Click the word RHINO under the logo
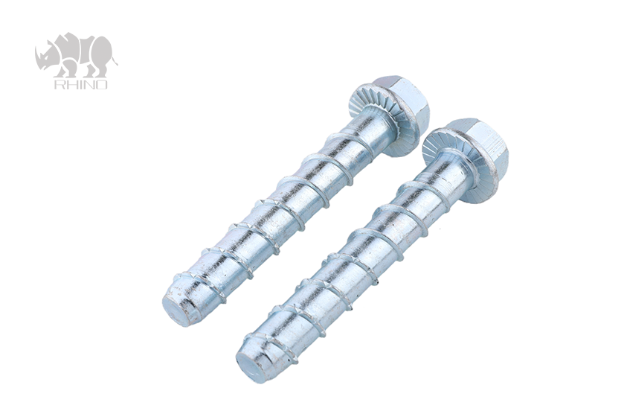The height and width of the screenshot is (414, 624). [x=80, y=84]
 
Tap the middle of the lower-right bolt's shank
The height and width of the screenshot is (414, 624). [x=350, y=258]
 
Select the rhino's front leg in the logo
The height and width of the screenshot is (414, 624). [x=66, y=71]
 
